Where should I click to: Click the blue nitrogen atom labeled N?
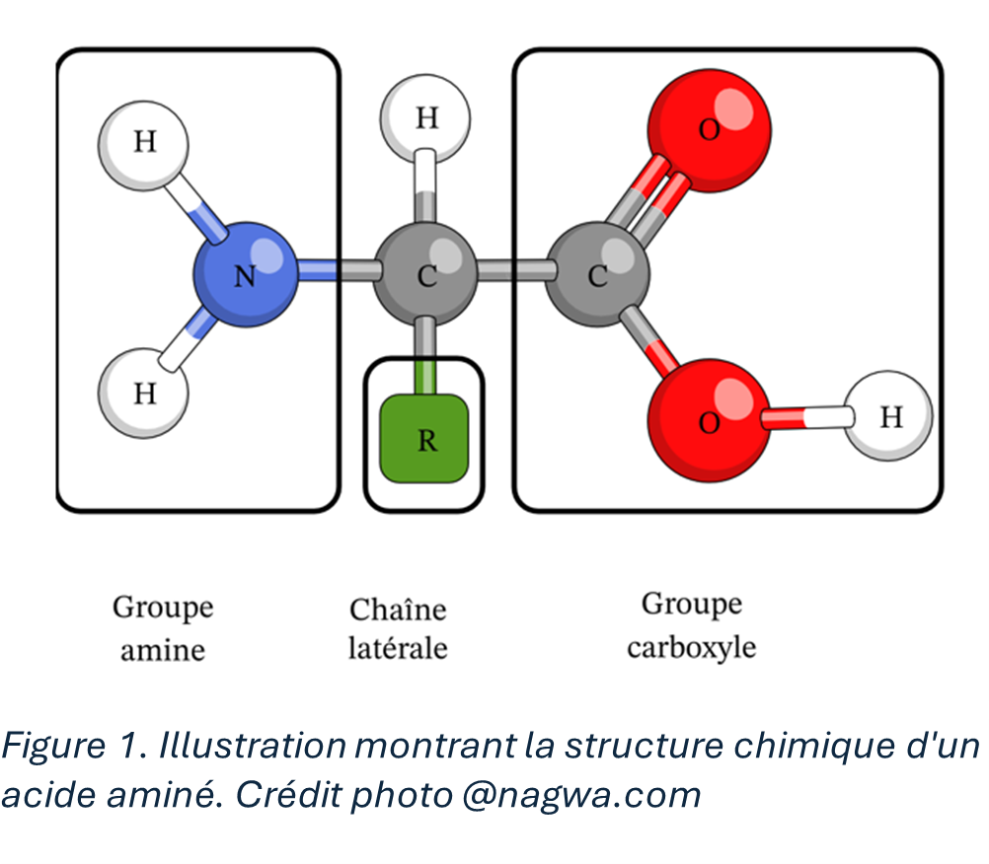point(246,274)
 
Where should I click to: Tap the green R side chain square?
point(424,437)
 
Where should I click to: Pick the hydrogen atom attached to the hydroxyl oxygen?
point(889,415)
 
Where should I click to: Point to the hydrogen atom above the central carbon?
point(425,120)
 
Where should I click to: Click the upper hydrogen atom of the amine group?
point(144,144)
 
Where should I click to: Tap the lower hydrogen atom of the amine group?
point(144,392)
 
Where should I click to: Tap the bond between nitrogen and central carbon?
point(336,270)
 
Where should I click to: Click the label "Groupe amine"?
point(163,627)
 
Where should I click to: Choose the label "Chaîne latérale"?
point(398,628)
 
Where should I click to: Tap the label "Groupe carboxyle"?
point(691,624)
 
